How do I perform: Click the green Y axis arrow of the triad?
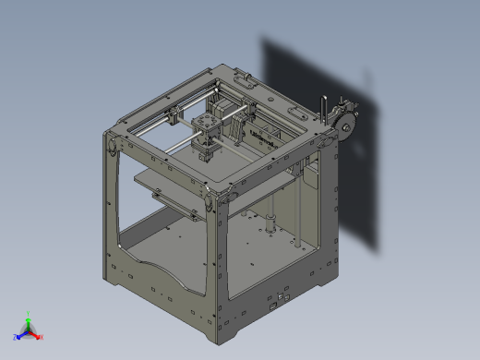point(29,316)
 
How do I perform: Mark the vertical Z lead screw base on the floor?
point(270,222)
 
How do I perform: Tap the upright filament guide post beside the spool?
point(323,104)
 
